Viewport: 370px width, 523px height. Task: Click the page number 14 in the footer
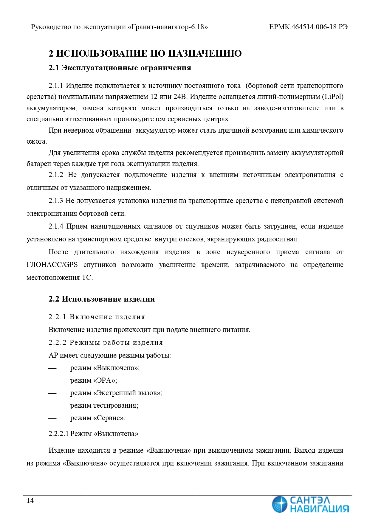coord(30,500)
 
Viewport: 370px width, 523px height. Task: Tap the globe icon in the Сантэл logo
coord(280,504)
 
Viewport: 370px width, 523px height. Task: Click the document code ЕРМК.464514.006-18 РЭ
coord(308,27)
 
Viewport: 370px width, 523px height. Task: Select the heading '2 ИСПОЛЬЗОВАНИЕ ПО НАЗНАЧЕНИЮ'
coord(145,54)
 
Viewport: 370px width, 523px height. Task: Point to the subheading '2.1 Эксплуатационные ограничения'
coord(120,68)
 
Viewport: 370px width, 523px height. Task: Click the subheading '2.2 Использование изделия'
coord(102,299)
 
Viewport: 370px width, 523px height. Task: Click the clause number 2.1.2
coord(56,175)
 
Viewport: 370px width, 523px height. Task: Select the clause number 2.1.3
coord(56,201)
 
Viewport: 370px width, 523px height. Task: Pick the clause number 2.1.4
coord(56,226)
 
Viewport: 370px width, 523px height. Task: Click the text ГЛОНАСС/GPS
coord(52,265)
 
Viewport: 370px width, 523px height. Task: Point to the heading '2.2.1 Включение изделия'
coord(97,317)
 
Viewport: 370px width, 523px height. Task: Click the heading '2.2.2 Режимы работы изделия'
coord(106,342)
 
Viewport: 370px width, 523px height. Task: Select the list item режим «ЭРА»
coord(94,381)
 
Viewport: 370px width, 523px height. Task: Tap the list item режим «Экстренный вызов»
coord(116,393)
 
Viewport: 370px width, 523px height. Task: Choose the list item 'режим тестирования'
coord(104,406)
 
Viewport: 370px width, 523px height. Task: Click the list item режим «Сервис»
coord(97,418)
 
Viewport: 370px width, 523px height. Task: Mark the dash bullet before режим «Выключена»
coord(52,368)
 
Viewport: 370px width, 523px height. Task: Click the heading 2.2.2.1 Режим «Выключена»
coord(94,434)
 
